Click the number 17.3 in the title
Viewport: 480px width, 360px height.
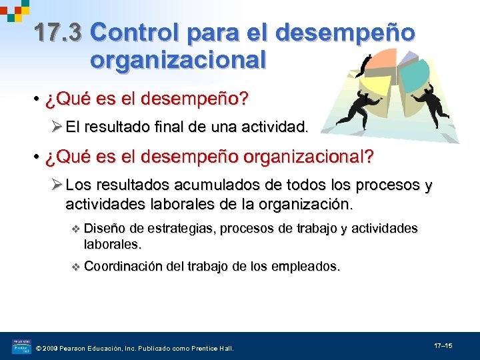tap(59, 32)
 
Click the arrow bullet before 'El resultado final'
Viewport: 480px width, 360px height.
tap(57, 127)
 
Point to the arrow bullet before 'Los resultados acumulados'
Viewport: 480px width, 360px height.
tap(57, 185)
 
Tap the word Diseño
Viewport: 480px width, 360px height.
tap(105, 229)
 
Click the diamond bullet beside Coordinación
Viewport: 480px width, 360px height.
tap(75, 267)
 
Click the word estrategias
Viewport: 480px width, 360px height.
tap(179, 229)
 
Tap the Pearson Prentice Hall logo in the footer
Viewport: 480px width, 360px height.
tap(21, 347)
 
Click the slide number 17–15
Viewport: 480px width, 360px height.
tap(443, 346)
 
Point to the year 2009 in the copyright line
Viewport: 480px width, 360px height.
tap(54, 349)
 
